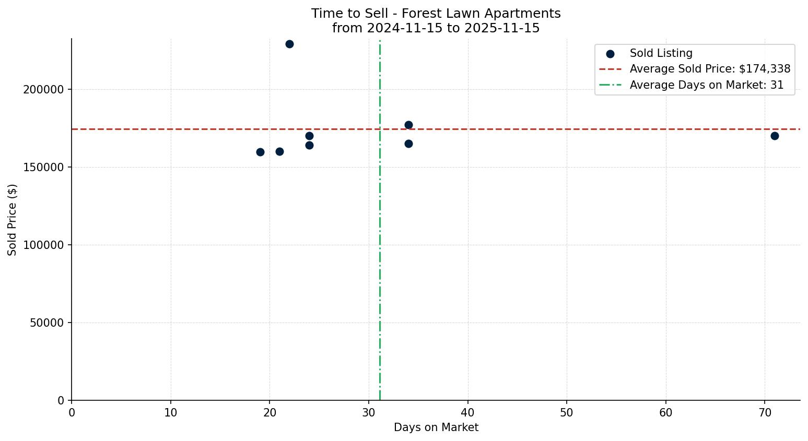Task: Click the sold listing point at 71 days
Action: point(775,136)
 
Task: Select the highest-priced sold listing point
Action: point(289,44)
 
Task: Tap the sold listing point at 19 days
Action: point(260,152)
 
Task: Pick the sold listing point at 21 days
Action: point(279,151)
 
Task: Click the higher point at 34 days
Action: point(408,125)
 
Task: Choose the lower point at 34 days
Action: point(408,144)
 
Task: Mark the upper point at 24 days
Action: point(309,136)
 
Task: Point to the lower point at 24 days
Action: point(309,145)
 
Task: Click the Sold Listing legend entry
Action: point(661,53)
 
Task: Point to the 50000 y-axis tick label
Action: point(47,323)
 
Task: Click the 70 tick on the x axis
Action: point(765,413)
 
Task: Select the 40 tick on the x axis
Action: point(467,413)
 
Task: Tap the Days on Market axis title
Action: point(436,428)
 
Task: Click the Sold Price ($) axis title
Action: point(12,220)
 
